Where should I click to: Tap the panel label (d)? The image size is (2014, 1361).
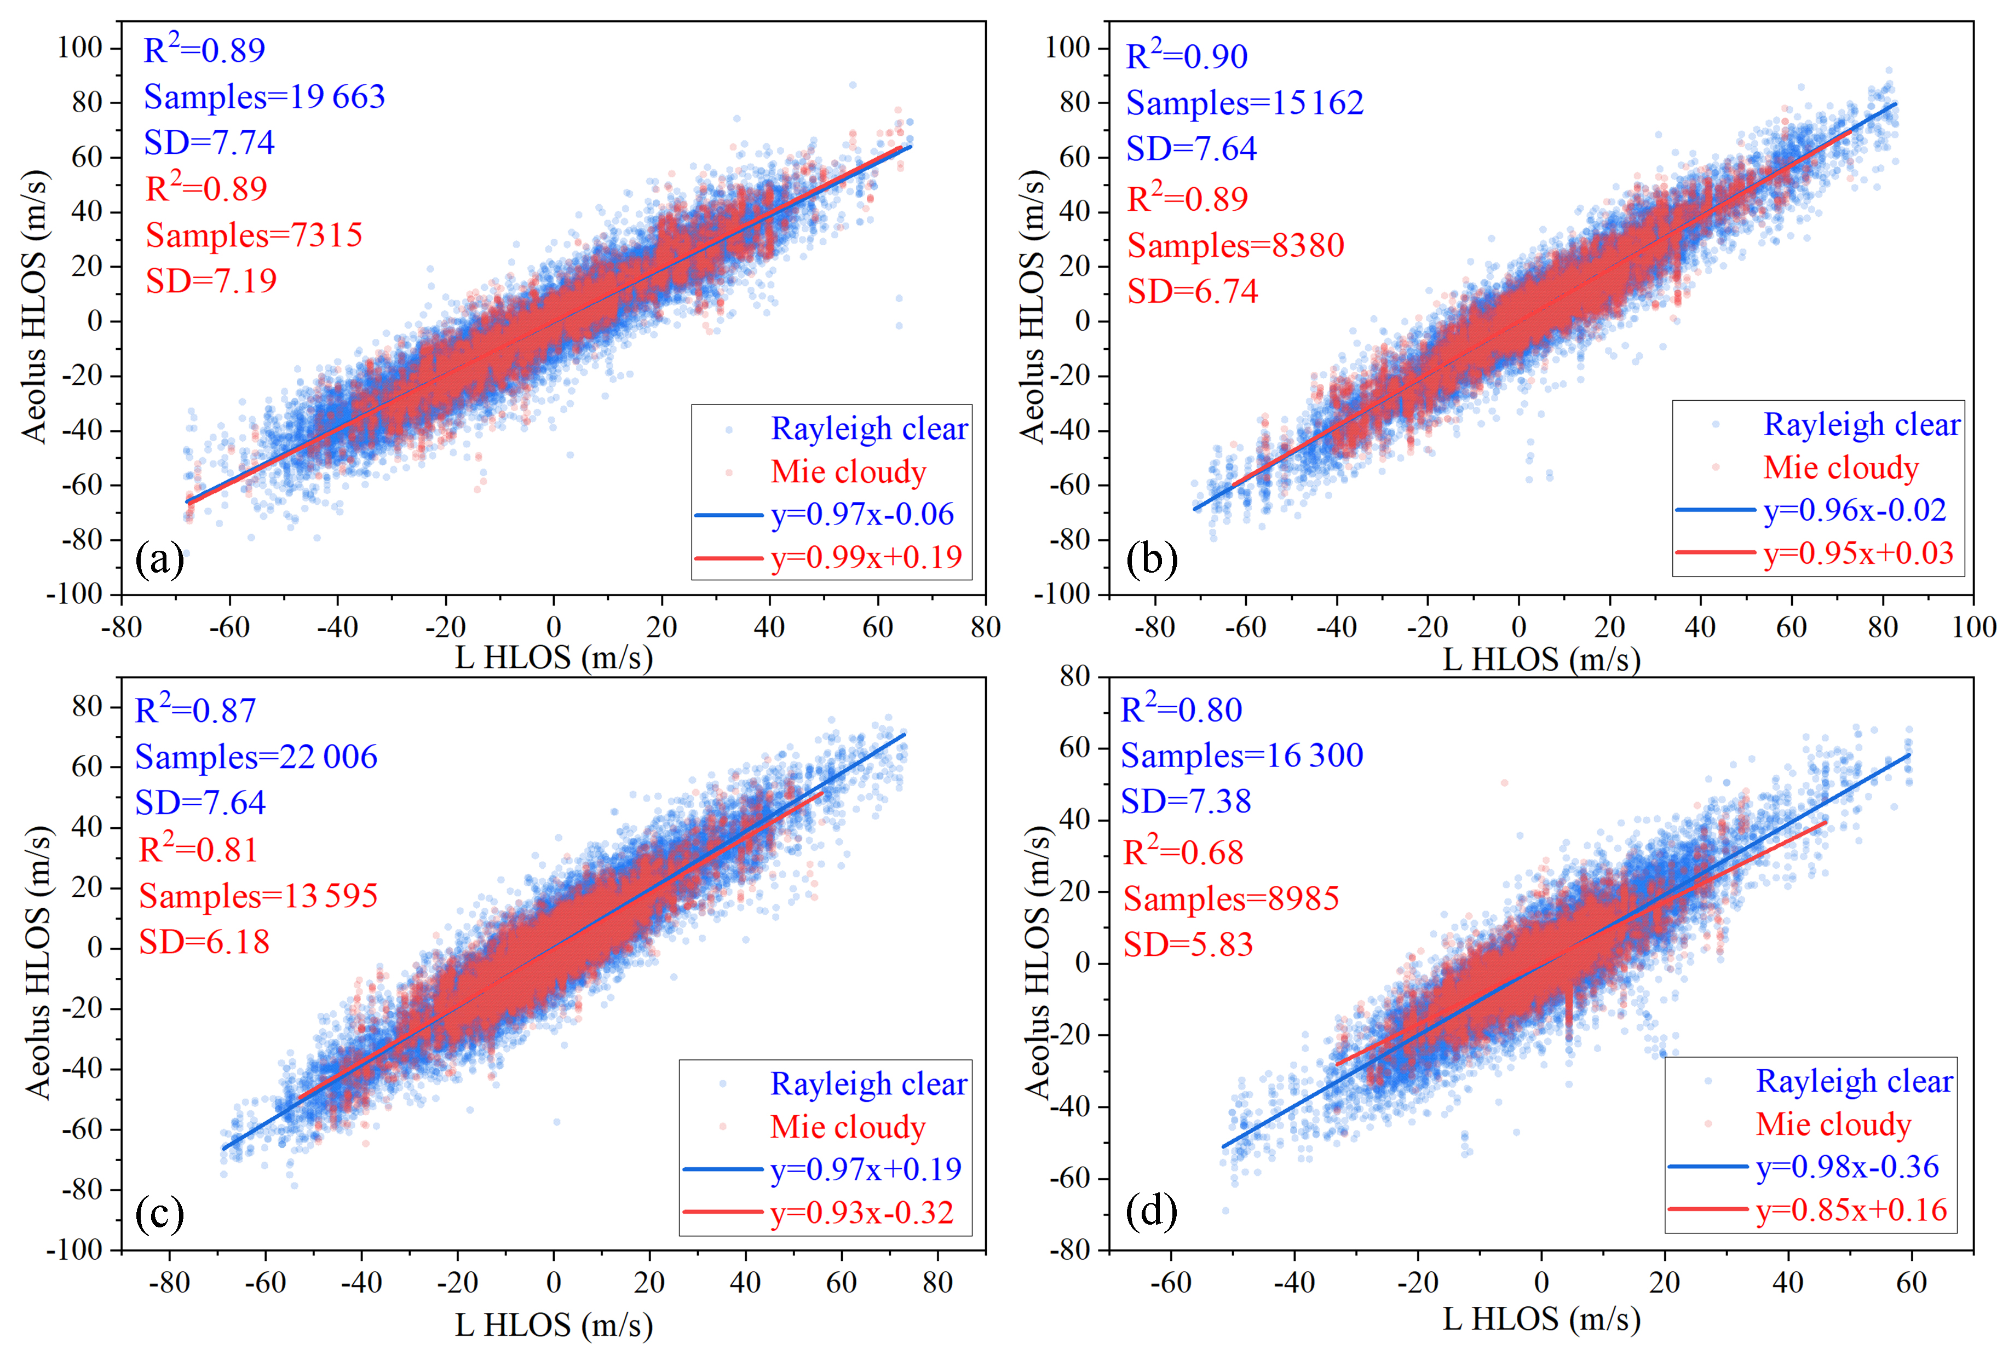pyautogui.click(x=1151, y=1211)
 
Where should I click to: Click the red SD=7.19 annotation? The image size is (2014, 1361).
pyautogui.click(x=211, y=281)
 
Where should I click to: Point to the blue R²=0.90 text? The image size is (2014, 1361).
pyautogui.click(x=1187, y=56)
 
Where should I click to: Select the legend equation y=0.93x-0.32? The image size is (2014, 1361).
pyautogui.click(x=862, y=1212)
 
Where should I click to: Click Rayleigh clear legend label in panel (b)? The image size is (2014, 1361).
pyautogui.click(x=1861, y=424)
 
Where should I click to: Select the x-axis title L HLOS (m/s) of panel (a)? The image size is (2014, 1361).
pyautogui.click(x=554, y=659)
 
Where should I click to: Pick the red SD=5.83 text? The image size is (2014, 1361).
pyautogui.click(x=1188, y=944)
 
